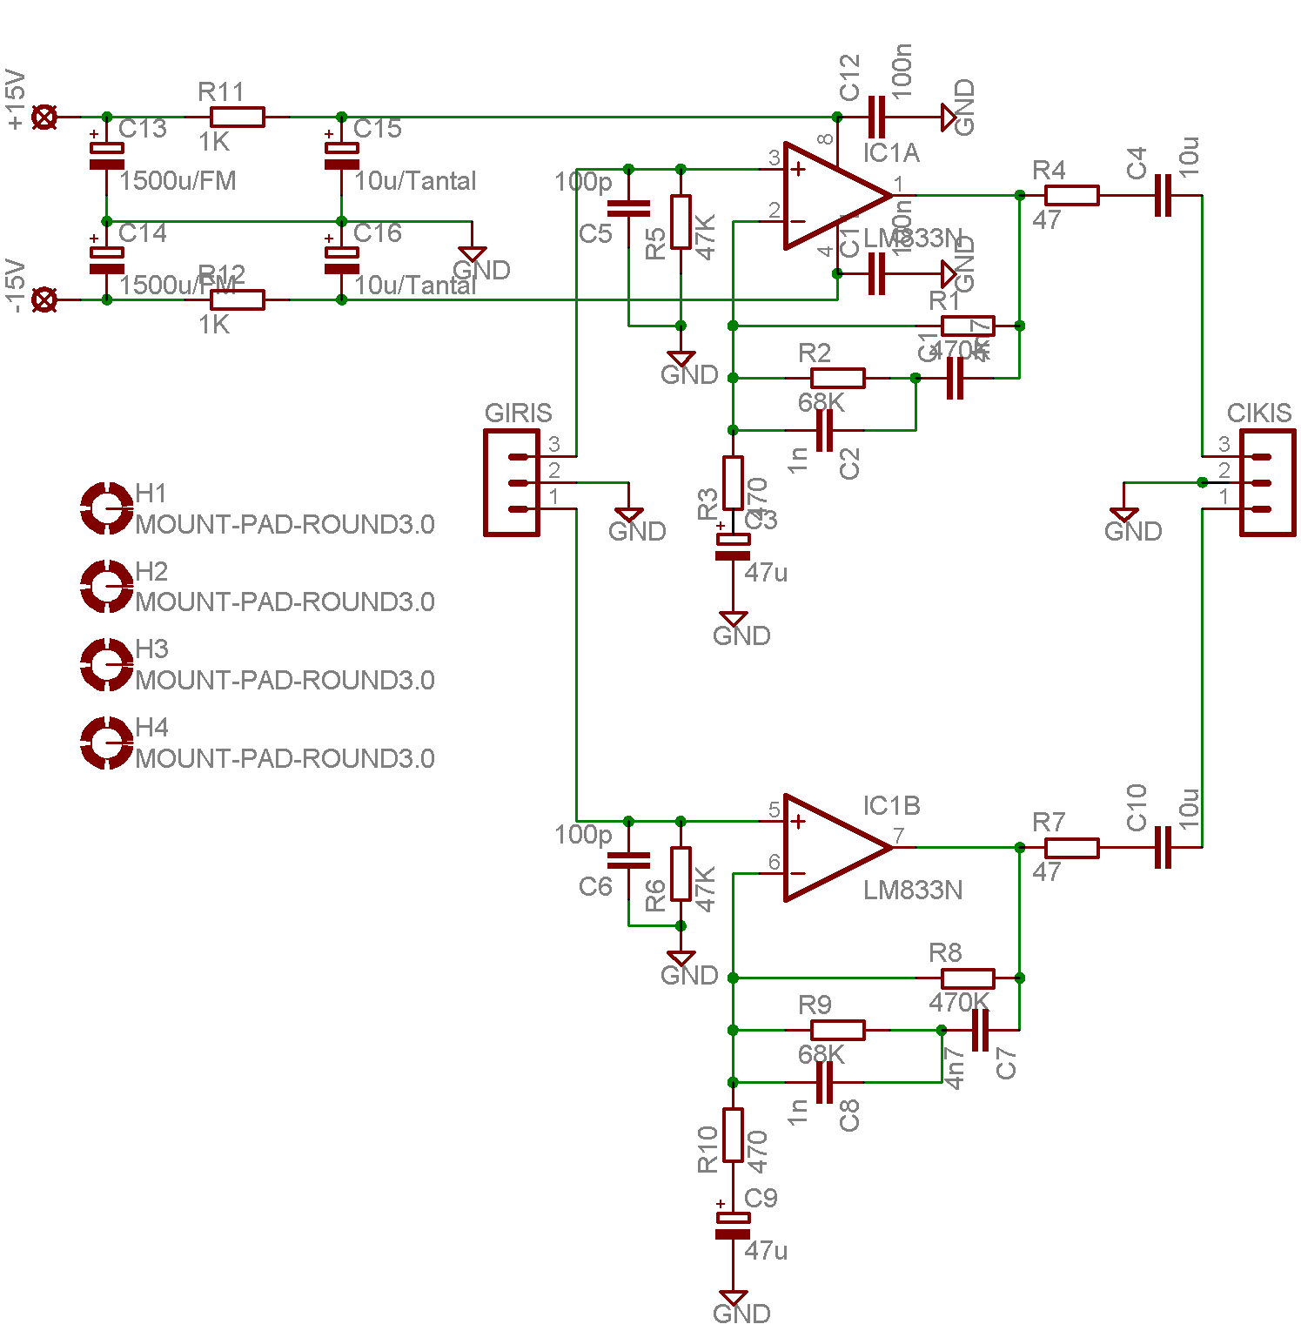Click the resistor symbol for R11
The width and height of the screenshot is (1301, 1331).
pyautogui.click(x=237, y=117)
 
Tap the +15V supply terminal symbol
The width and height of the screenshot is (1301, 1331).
pyautogui.click(x=44, y=117)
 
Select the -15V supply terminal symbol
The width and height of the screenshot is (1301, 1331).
pyautogui.click(x=44, y=299)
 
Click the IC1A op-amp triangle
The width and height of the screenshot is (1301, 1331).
pyautogui.click(x=831, y=195)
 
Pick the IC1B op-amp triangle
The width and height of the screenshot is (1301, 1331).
pyautogui.click(x=831, y=847)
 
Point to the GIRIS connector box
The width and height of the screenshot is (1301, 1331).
pyautogui.click(x=512, y=483)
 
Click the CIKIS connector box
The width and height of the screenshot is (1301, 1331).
pyautogui.click(x=1267, y=483)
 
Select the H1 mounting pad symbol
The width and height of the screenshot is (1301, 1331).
pyautogui.click(x=106, y=508)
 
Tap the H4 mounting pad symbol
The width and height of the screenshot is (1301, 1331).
pyautogui.click(x=106, y=743)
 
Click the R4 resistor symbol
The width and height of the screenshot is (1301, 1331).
pyautogui.click(x=1071, y=195)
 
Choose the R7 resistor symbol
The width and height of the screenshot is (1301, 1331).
pyautogui.click(x=1071, y=847)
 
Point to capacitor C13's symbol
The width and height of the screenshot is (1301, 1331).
pyautogui.click(x=106, y=156)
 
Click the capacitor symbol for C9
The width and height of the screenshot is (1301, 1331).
pyautogui.click(x=733, y=1225)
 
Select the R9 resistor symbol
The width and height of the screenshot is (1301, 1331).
pyautogui.click(x=837, y=1030)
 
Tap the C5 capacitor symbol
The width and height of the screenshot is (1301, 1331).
pyautogui.click(x=628, y=208)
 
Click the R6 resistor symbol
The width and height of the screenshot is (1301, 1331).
pyautogui.click(x=681, y=873)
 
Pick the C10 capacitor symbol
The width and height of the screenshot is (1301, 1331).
pyautogui.click(x=1163, y=847)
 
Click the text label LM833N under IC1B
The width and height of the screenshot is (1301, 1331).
pyautogui.click(x=913, y=891)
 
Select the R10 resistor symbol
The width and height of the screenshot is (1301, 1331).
pyautogui.click(x=733, y=1134)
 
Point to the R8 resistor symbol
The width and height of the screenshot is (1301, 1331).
pyautogui.click(x=967, y=978)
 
